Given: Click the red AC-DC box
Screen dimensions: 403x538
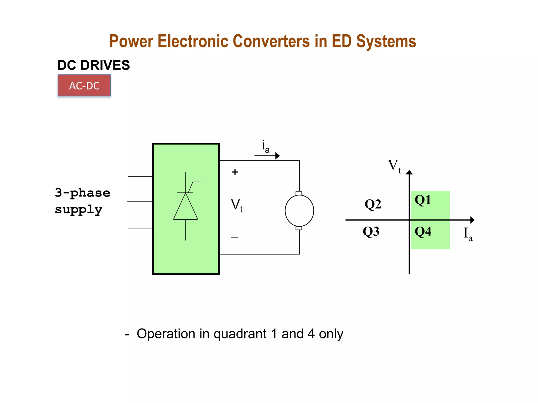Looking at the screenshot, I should [84, 86].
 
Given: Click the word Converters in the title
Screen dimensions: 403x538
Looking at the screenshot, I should [271, 41].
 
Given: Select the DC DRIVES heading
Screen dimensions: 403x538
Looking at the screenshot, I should [94, 65].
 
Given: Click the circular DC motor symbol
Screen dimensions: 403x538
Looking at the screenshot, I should [299, 211].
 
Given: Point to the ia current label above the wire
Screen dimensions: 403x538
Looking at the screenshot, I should [266, 146].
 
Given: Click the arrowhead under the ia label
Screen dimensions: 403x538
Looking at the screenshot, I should [277, 156].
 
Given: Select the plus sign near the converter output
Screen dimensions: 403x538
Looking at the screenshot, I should [235, 172].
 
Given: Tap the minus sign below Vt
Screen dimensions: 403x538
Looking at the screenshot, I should [235, 238].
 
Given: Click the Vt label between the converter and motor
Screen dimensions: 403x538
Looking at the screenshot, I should [237, 205].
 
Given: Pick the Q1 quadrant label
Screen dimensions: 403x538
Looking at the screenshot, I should [423, 200].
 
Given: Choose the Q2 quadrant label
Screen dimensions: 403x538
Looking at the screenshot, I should [373, 204].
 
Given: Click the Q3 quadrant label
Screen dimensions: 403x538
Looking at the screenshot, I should [371, 231].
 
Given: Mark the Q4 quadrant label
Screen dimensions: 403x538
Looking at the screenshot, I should [423, 231].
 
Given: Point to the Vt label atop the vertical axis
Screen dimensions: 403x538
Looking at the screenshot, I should [394, 166].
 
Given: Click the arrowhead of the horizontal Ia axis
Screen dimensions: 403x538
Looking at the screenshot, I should [472, 220].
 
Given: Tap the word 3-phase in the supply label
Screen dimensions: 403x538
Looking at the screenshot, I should [82, 193].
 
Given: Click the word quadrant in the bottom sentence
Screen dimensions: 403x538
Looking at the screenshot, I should [240, 334].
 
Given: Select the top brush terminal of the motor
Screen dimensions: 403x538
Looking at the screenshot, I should [299, 193].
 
